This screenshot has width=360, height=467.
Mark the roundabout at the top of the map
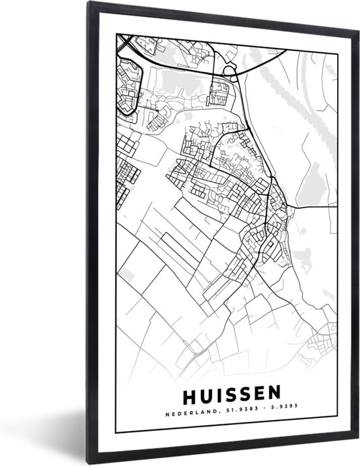[x=229, y=70]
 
